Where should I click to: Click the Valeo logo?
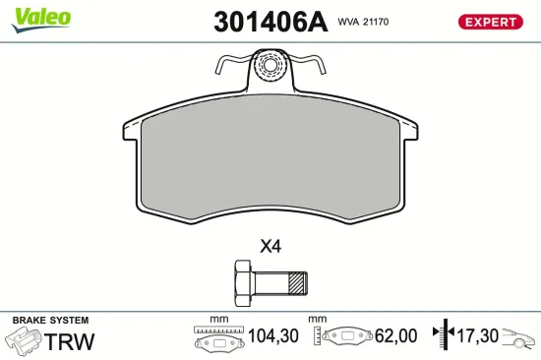(x=40, y=16)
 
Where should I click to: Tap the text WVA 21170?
(x=364, y=21)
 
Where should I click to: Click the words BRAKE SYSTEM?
(x=50, y=321)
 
